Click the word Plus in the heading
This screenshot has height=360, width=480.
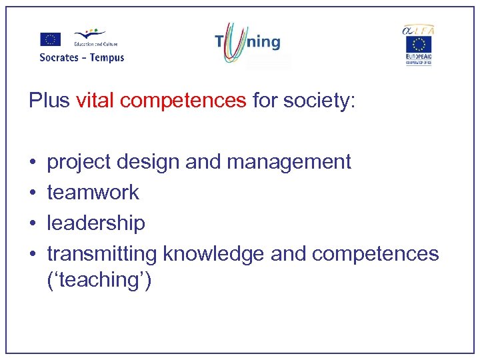[x=49, y=101]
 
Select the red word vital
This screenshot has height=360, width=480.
[x=93, y=101]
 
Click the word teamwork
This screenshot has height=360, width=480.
[x=93, y=192]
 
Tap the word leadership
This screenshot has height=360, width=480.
[x=96, y=223]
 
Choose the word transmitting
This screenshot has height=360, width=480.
[x=102, y=254]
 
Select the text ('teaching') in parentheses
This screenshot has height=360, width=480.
[x=99, y=280]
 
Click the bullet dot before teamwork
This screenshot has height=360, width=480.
[x=33, y=193]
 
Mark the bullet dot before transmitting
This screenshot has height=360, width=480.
[x=33, y=255]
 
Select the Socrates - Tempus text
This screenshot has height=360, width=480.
[x=82, y=57]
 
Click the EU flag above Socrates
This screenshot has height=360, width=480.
[x=50, y=39]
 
